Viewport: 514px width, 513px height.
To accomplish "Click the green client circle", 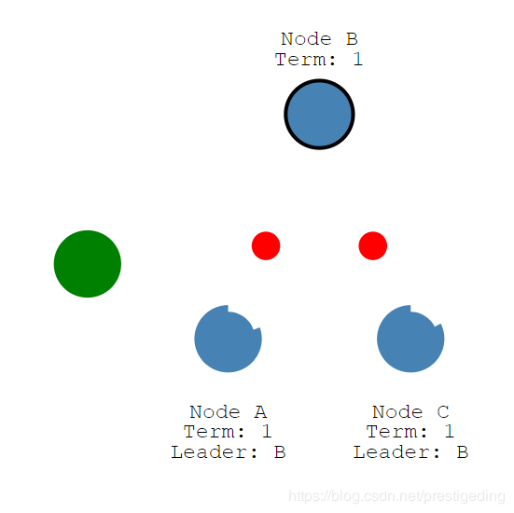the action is (88, 264).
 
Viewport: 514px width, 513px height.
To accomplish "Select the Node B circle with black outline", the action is (319, 114).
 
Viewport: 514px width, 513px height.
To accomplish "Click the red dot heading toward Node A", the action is (266, 246).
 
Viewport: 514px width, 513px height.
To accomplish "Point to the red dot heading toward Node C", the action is (373, 246).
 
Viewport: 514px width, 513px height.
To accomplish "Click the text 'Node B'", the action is (319, 39).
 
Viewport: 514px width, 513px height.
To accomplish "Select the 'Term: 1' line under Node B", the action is (319, 60).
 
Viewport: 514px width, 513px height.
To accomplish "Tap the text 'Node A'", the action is (229, 411).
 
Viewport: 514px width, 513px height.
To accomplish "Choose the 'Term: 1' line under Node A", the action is (228, 432).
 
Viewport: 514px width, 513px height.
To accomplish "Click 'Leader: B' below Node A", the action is (229, 452).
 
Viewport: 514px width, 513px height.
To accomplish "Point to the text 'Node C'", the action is (410, 411).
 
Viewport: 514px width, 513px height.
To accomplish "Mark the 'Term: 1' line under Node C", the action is (410, 432).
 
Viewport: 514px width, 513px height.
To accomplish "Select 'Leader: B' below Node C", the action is (410, 452).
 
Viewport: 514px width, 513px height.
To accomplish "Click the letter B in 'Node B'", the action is (352, 39).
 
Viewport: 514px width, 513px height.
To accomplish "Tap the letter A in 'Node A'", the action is (260, 412).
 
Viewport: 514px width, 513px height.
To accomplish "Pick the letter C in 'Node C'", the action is (443, 412).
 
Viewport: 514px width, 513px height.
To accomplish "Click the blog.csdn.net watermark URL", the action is (396, 496).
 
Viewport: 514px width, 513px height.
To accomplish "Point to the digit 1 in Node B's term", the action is (358, 60).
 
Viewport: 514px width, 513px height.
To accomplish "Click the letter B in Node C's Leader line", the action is (462, 452).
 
